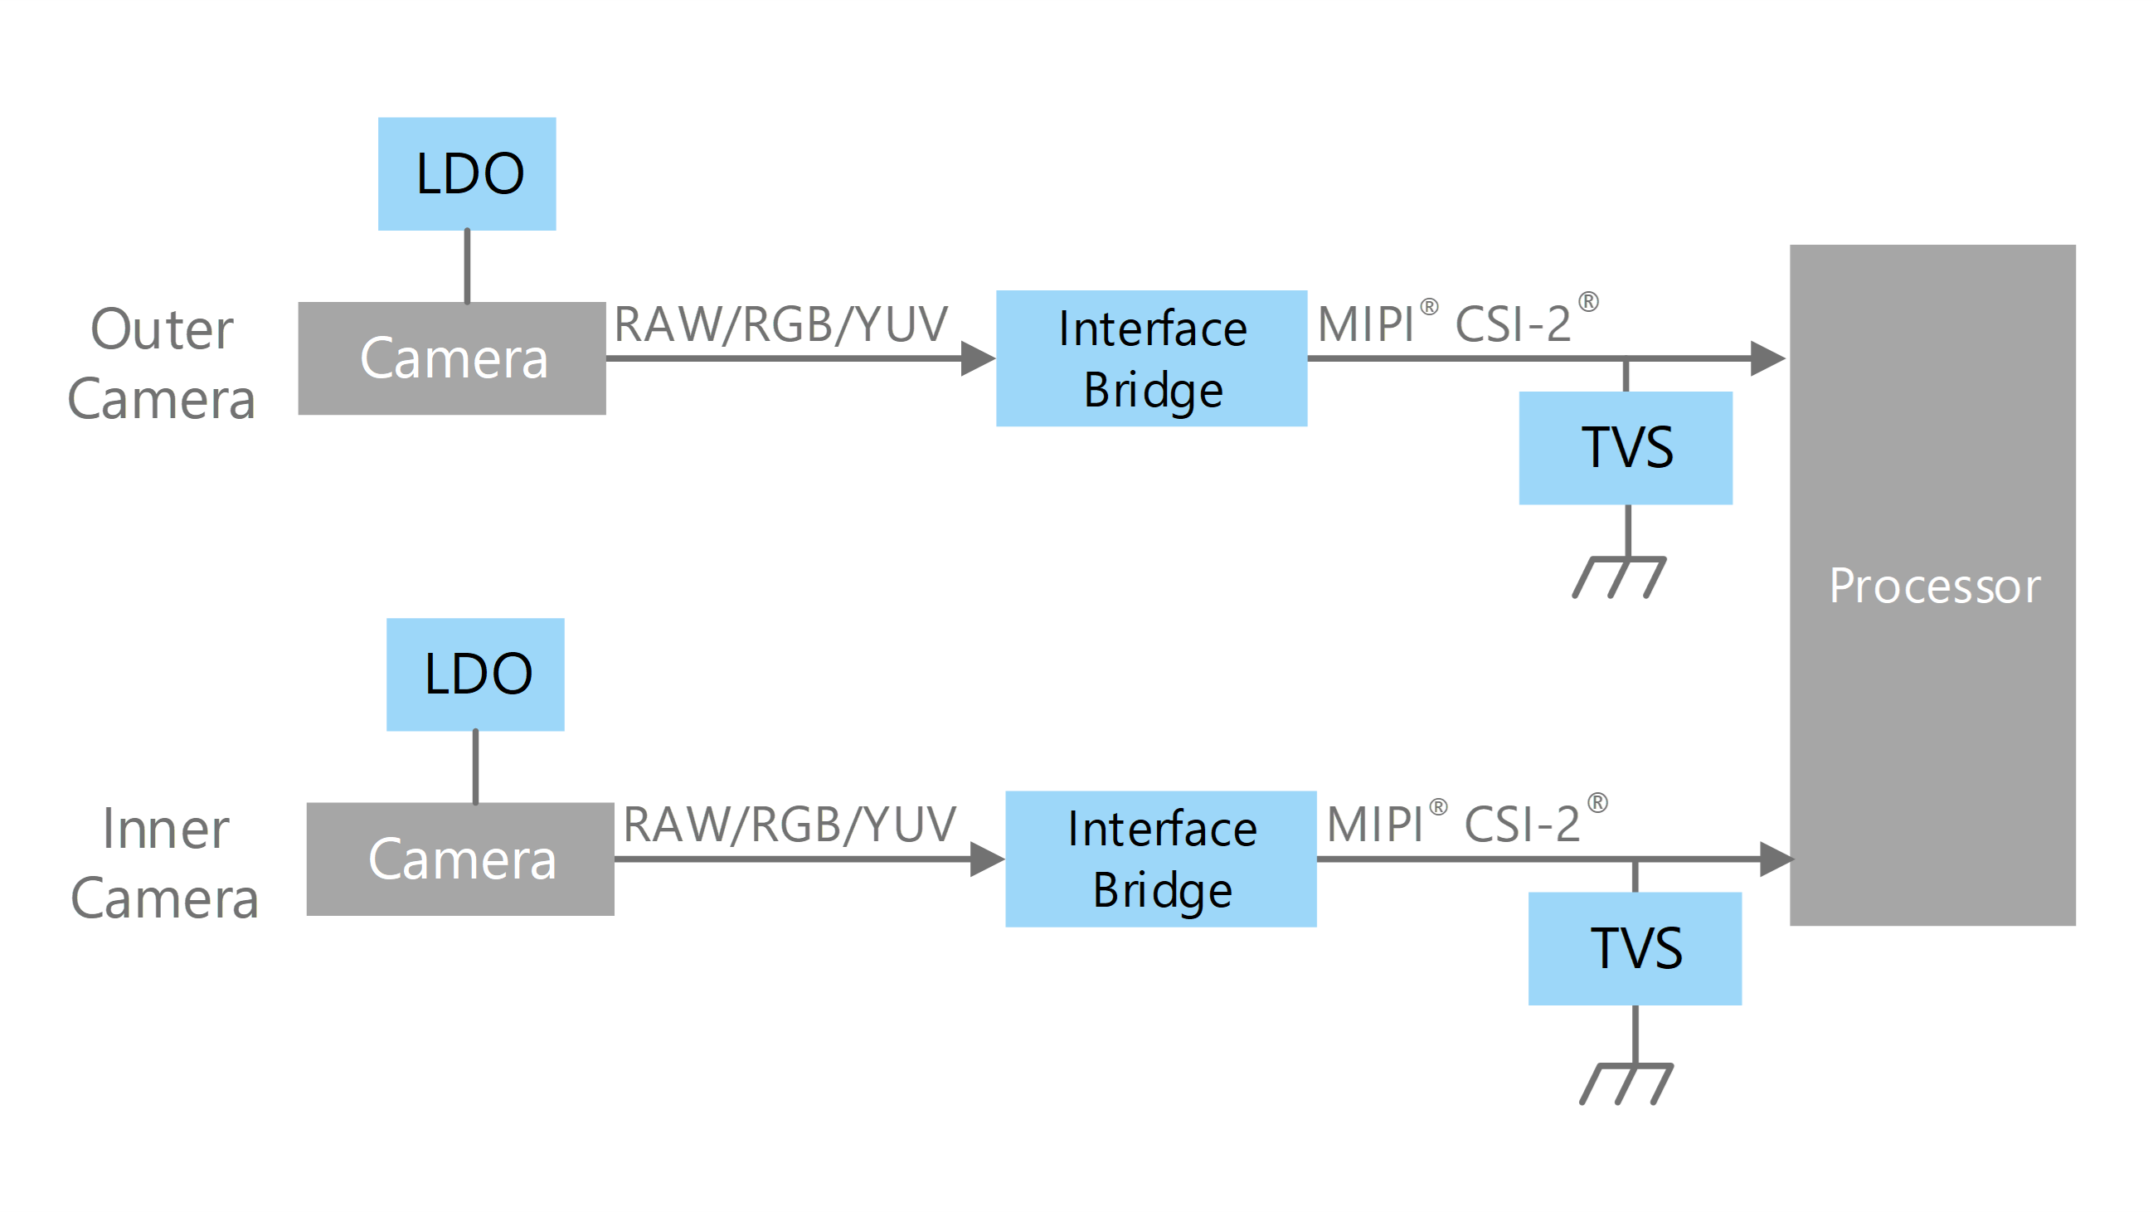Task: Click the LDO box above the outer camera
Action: [466, 174]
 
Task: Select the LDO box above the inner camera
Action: [474, 674]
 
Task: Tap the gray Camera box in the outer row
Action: [452, 358]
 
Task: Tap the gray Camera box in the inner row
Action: [460, 859]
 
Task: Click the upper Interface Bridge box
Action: [1151, 358]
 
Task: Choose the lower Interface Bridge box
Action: [1160, 859]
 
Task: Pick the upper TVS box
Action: [1625, 448]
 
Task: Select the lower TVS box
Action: [1634, 949]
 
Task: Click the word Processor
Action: [1934, 585]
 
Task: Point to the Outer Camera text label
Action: [161, 364]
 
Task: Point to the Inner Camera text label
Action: [165, 864]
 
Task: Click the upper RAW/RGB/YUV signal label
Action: [780, 324]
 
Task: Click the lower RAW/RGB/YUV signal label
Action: [789, 825]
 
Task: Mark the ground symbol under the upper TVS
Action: [1620, 577]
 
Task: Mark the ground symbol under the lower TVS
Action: [1627, 1083]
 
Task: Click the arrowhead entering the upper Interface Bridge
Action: [976, 358]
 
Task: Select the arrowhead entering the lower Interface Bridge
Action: [985, 859]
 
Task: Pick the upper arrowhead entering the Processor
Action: [1766, 358]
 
